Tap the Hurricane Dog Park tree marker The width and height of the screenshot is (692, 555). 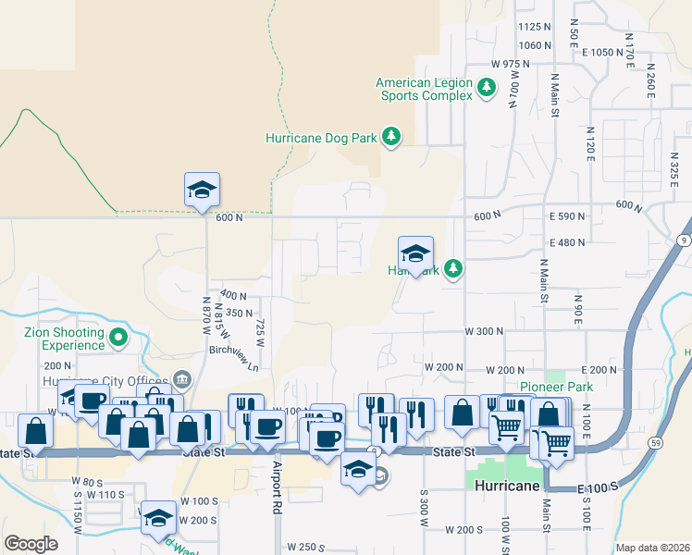tap(391, 138)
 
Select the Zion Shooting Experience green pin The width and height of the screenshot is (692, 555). tap(117, 339)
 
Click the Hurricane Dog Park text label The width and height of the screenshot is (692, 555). tap(321, 138)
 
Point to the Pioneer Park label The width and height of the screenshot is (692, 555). tap(555, 387)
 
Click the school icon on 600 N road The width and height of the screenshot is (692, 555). tap(203, 191)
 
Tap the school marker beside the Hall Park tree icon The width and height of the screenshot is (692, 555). tap(415, 254)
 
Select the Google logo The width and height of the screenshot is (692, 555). tap(31, 544)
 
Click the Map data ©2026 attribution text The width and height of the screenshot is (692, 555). tap(652, 548)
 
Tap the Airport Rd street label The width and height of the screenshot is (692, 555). tap(276, 487)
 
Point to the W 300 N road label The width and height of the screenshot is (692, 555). tap(484, 331)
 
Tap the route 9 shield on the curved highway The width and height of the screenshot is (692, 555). tap(683, 240)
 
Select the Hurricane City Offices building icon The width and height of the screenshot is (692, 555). tap(181, 379)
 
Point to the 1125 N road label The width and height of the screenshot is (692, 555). tap(536, 28)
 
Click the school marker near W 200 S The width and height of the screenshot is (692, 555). tap(158, 519)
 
